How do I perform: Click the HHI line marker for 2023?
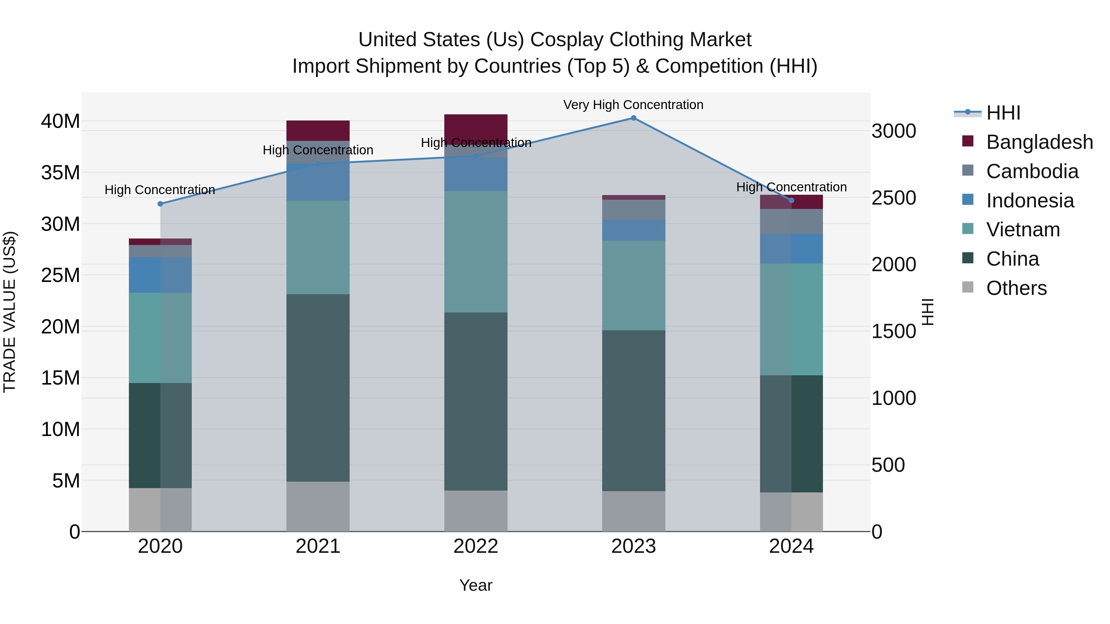(x=633, y=118)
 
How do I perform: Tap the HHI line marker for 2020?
(x=160, y=204)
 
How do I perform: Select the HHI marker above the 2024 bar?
(x=791, y=200)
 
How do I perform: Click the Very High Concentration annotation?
(x=633, y=105)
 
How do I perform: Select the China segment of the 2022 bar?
(x=476, y=401)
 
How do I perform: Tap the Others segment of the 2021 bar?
(x=318, y=506)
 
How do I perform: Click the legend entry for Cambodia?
(x=1032, y=171)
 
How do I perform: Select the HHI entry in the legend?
(x=1003, y=113)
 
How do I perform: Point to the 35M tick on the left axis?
(x=60, y=173)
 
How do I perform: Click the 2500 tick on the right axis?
(x=893, y=198)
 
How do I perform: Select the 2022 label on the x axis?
(x=476, y=546)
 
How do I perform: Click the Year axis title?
(x=476, y=585)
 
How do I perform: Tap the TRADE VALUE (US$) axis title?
(x=10, y=312)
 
